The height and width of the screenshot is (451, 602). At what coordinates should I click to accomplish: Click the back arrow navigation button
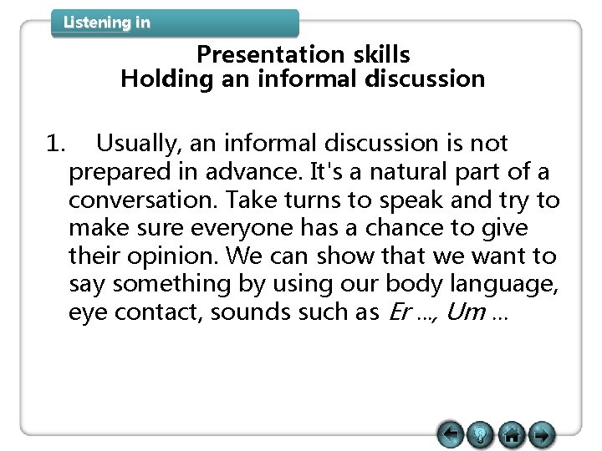[451, 434]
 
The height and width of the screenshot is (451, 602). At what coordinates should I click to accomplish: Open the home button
[513, 434]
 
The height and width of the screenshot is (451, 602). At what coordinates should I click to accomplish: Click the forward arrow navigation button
[542, 434]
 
